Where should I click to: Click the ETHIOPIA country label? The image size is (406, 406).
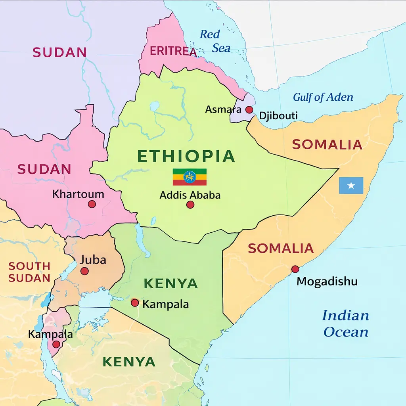(x=186, y=156)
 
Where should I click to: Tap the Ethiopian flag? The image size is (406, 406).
(x=190, y=177)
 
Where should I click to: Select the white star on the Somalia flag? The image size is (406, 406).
(x=351, y=186)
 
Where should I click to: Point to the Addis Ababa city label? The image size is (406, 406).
(x=190, y=195)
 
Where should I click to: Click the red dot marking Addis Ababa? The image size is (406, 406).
(x=190, y=205)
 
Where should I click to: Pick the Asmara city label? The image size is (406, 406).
(x=223, y=109)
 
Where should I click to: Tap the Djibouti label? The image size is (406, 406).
(x=278, y=116)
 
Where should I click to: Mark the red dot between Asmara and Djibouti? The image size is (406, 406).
(x=249, y=109)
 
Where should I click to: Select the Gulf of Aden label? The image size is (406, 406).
(x=323, y=97)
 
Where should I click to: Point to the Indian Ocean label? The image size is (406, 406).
(x=346, y=324)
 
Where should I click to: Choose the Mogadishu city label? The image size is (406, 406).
(x=327, y=282)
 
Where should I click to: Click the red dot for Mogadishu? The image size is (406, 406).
(x=295, y=269)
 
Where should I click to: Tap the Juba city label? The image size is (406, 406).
(x=93, y=260)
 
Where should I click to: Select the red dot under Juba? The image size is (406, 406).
(x=84, y=271)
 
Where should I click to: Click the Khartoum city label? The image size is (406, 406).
(x=78, y=194)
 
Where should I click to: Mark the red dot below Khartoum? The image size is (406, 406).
(x=92, y=204)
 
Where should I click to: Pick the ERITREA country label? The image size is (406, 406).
(x=173, y=51)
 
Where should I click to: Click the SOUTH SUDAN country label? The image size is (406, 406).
(x=29, y=272)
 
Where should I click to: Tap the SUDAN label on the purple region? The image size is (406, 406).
(x=59, y=52)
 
